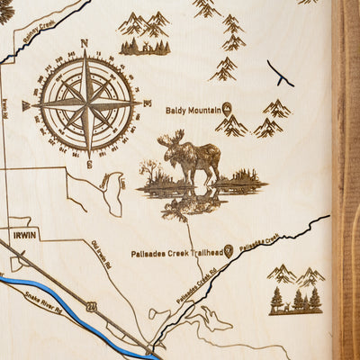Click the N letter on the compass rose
tap(84, 42)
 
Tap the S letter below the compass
tap(89, 165)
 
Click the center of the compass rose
tap(86, 103)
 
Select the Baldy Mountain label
tap(193, 110)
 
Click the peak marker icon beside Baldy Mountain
tap(228, 108)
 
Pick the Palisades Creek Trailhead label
tap(175, 254)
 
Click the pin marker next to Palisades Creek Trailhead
tap(229, 251)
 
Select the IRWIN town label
tap(26, 235)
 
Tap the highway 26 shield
tap(92, 306)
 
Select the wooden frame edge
tap(346, 180)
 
